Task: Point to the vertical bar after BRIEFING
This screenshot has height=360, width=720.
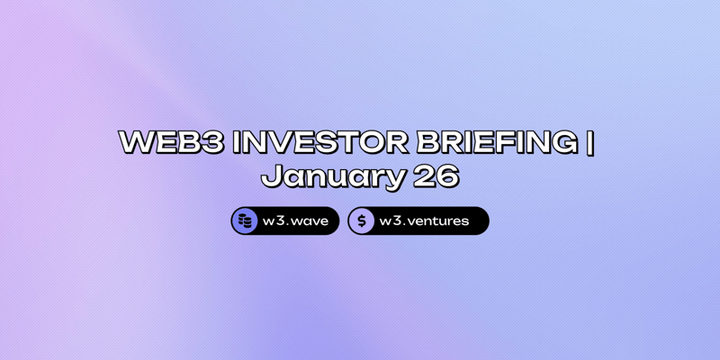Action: (590, 144)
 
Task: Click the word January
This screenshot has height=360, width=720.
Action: (332, 176)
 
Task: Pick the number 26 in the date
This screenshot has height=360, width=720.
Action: (436, 176)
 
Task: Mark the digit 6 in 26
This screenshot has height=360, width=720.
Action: (447, 176)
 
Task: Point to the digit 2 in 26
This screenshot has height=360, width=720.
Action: (424, 176)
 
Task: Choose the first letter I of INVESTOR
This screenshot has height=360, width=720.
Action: (238, 143)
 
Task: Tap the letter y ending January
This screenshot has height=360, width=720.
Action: (394, 179)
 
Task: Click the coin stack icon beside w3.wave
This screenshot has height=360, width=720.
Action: (245, 220)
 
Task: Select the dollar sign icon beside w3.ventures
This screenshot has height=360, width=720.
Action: (362, 220)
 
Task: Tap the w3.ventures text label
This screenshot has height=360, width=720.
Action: (424, 220)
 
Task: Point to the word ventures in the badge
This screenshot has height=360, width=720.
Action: (436, 220)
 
